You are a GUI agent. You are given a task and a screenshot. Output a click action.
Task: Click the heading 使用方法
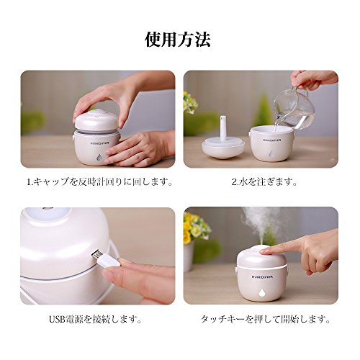point(178,40)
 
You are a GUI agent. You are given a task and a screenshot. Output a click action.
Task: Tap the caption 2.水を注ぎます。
point(264,182)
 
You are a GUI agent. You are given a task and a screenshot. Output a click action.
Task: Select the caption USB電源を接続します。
point(95,319)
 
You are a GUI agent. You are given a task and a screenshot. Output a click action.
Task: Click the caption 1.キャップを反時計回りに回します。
point(99,182)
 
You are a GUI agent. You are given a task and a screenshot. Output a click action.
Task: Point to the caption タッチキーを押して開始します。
point(266,319)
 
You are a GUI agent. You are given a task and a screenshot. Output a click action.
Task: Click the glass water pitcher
point(294,109)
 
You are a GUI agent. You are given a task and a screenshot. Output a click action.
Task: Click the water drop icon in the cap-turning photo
point(99,157)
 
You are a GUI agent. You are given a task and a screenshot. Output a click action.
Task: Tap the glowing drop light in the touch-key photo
point(262,292)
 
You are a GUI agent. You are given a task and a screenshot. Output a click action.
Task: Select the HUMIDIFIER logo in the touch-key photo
point(262,276)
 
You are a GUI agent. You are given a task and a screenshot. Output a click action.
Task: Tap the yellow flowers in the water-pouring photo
point(190,102)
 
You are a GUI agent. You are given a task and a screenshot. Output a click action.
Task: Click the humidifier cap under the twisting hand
point(95,121)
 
